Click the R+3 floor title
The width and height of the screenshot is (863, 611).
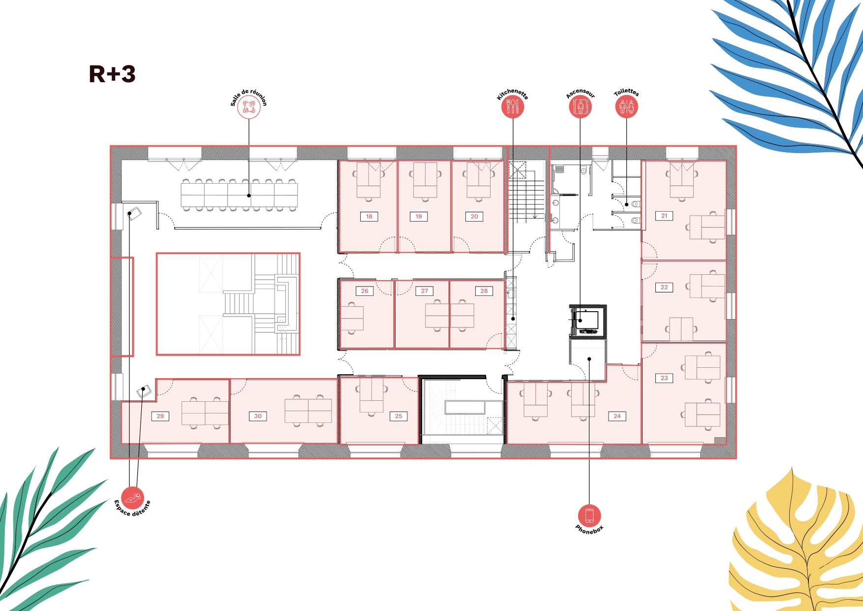tap(112, 74)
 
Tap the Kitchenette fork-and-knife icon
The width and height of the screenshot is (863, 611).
tap(513, 107)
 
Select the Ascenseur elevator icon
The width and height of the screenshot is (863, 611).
tap(580, 107)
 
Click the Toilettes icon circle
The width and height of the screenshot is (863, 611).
tap(626, 107)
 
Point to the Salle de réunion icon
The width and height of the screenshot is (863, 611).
tap(248, 107)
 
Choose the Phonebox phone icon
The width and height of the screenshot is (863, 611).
tap(589, 516)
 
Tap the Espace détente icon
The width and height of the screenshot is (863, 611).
tap(133, 498)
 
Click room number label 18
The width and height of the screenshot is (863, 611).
tap(369, 217)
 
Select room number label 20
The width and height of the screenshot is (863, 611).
tap(474, 217)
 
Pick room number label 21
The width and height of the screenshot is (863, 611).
tap(664, 216)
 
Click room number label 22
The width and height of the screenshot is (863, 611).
tap(664, 288)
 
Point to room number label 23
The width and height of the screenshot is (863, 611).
tap(664, 378)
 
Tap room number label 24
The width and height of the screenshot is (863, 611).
tap(617, 416)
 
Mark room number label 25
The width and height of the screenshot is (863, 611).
tap(399, 416)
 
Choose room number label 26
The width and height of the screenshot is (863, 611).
tap(365, 291)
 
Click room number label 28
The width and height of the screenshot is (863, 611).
tap(484, 291)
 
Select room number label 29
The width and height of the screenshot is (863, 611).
tap(160, 416)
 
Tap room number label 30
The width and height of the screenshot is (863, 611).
tap(258, 416)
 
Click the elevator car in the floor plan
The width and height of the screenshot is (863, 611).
tap(586, 321)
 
